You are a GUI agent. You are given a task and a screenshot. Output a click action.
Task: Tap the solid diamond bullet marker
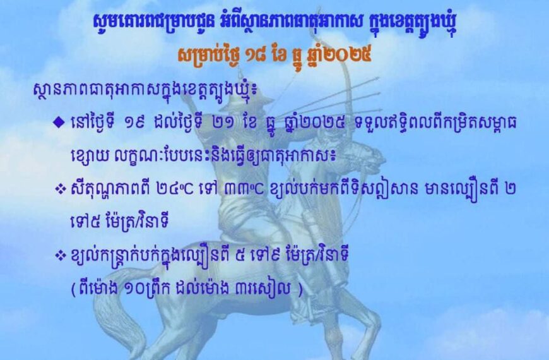tap(58, 123)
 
